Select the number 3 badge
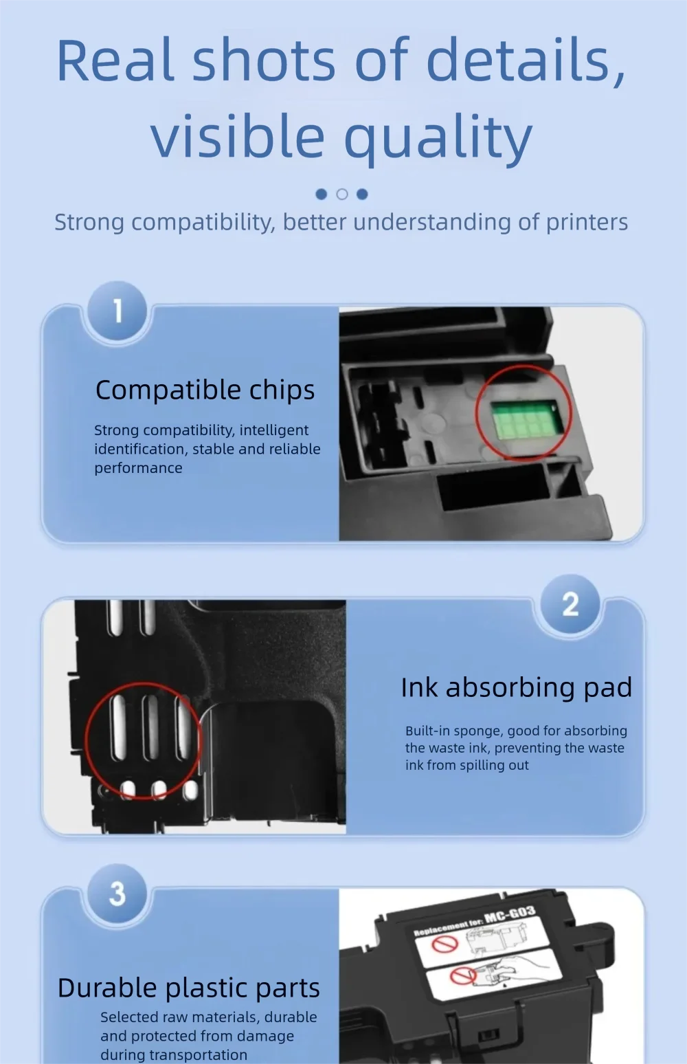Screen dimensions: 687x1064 click(x=117, y=893)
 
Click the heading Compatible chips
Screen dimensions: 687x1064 click(x=205, y=390)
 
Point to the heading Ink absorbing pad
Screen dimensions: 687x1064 click(x=516, y=687)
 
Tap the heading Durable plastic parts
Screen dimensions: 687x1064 click(x=189, y=988)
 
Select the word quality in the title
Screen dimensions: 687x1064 click(x=438, y=137)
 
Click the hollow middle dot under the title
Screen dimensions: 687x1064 click(x=342, y=195)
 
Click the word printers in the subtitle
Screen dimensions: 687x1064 click(x=587, y=222)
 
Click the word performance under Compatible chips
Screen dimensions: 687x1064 click(x=138, y=468)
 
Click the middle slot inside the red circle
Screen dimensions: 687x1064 click(x=151, y=727)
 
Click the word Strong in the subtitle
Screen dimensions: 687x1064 click(x=89, y=222)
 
